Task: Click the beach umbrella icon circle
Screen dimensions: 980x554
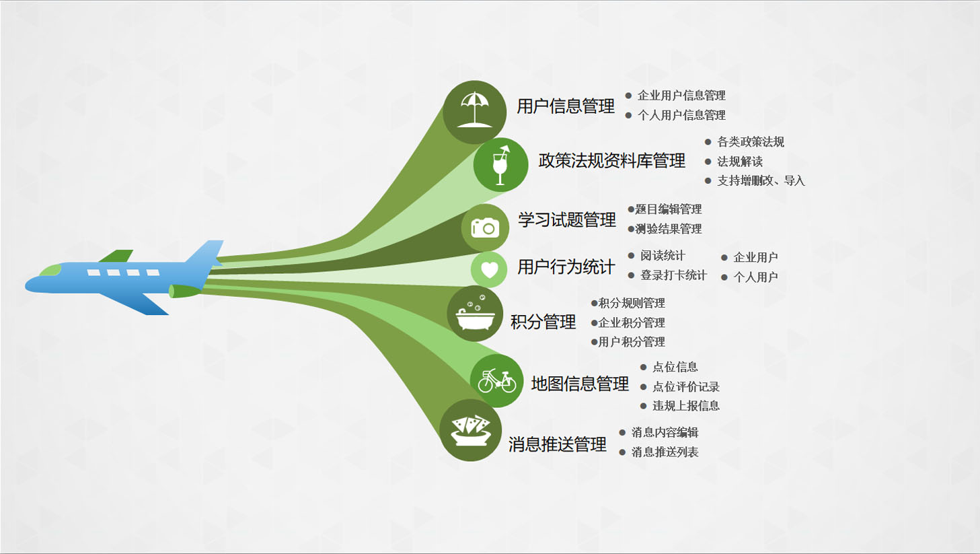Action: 475,112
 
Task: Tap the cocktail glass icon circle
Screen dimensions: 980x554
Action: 500,165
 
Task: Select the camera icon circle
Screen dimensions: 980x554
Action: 485,228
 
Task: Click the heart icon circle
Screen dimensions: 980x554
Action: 489,269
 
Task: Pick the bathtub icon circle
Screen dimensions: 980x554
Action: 475,314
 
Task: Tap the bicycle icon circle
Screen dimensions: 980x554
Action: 496,381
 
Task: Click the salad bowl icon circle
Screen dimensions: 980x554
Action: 470,430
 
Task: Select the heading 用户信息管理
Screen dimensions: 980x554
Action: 565,106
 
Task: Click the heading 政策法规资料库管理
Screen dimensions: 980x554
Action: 611,161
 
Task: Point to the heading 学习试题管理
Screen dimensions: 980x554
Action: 567,220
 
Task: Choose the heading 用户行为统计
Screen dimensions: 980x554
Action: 566,267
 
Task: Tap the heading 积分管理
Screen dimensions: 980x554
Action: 543,322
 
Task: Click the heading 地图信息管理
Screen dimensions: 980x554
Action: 580,384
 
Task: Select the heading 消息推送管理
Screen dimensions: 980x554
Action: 558,444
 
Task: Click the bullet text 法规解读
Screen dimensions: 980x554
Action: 740,162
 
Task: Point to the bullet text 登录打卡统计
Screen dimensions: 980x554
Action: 673,275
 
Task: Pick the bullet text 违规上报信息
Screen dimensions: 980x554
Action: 686,406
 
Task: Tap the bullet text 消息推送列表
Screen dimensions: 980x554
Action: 665,452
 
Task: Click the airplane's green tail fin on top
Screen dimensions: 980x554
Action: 116,256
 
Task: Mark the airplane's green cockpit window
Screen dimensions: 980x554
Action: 50,270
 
